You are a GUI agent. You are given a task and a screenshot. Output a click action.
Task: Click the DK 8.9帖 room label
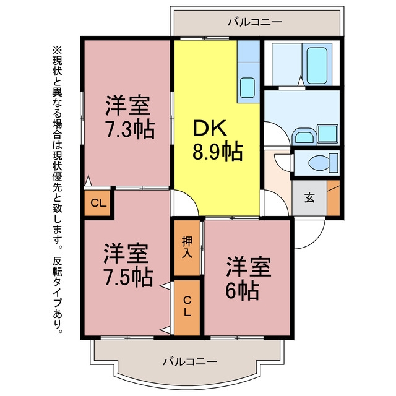(x=218, y=140)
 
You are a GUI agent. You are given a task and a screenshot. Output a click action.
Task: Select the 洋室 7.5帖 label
(x=128, y=265)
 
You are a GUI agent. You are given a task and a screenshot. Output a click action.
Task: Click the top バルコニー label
(x=255, y=22)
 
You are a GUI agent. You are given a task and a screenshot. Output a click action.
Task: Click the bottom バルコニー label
(x=190, y=361)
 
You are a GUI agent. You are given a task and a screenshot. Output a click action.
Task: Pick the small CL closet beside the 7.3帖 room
(x=98, y=203)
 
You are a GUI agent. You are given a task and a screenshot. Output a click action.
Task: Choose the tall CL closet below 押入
(x=187, y=308)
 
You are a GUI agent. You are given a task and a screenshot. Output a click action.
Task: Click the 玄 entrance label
(x=309, y=197)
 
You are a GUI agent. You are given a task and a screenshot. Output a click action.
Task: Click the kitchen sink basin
(x=247, y=87)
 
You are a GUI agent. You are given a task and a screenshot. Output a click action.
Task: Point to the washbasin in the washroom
(x=304, y=137)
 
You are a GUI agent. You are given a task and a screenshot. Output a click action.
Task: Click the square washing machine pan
(x=327, y=134)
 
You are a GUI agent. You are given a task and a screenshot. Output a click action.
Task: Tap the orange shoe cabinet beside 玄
(x=334, y=198)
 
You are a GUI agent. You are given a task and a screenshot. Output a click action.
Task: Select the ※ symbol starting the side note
(x=57, y=50)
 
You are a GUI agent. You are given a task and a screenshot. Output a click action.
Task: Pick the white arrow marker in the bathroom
(x=301, y=81)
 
